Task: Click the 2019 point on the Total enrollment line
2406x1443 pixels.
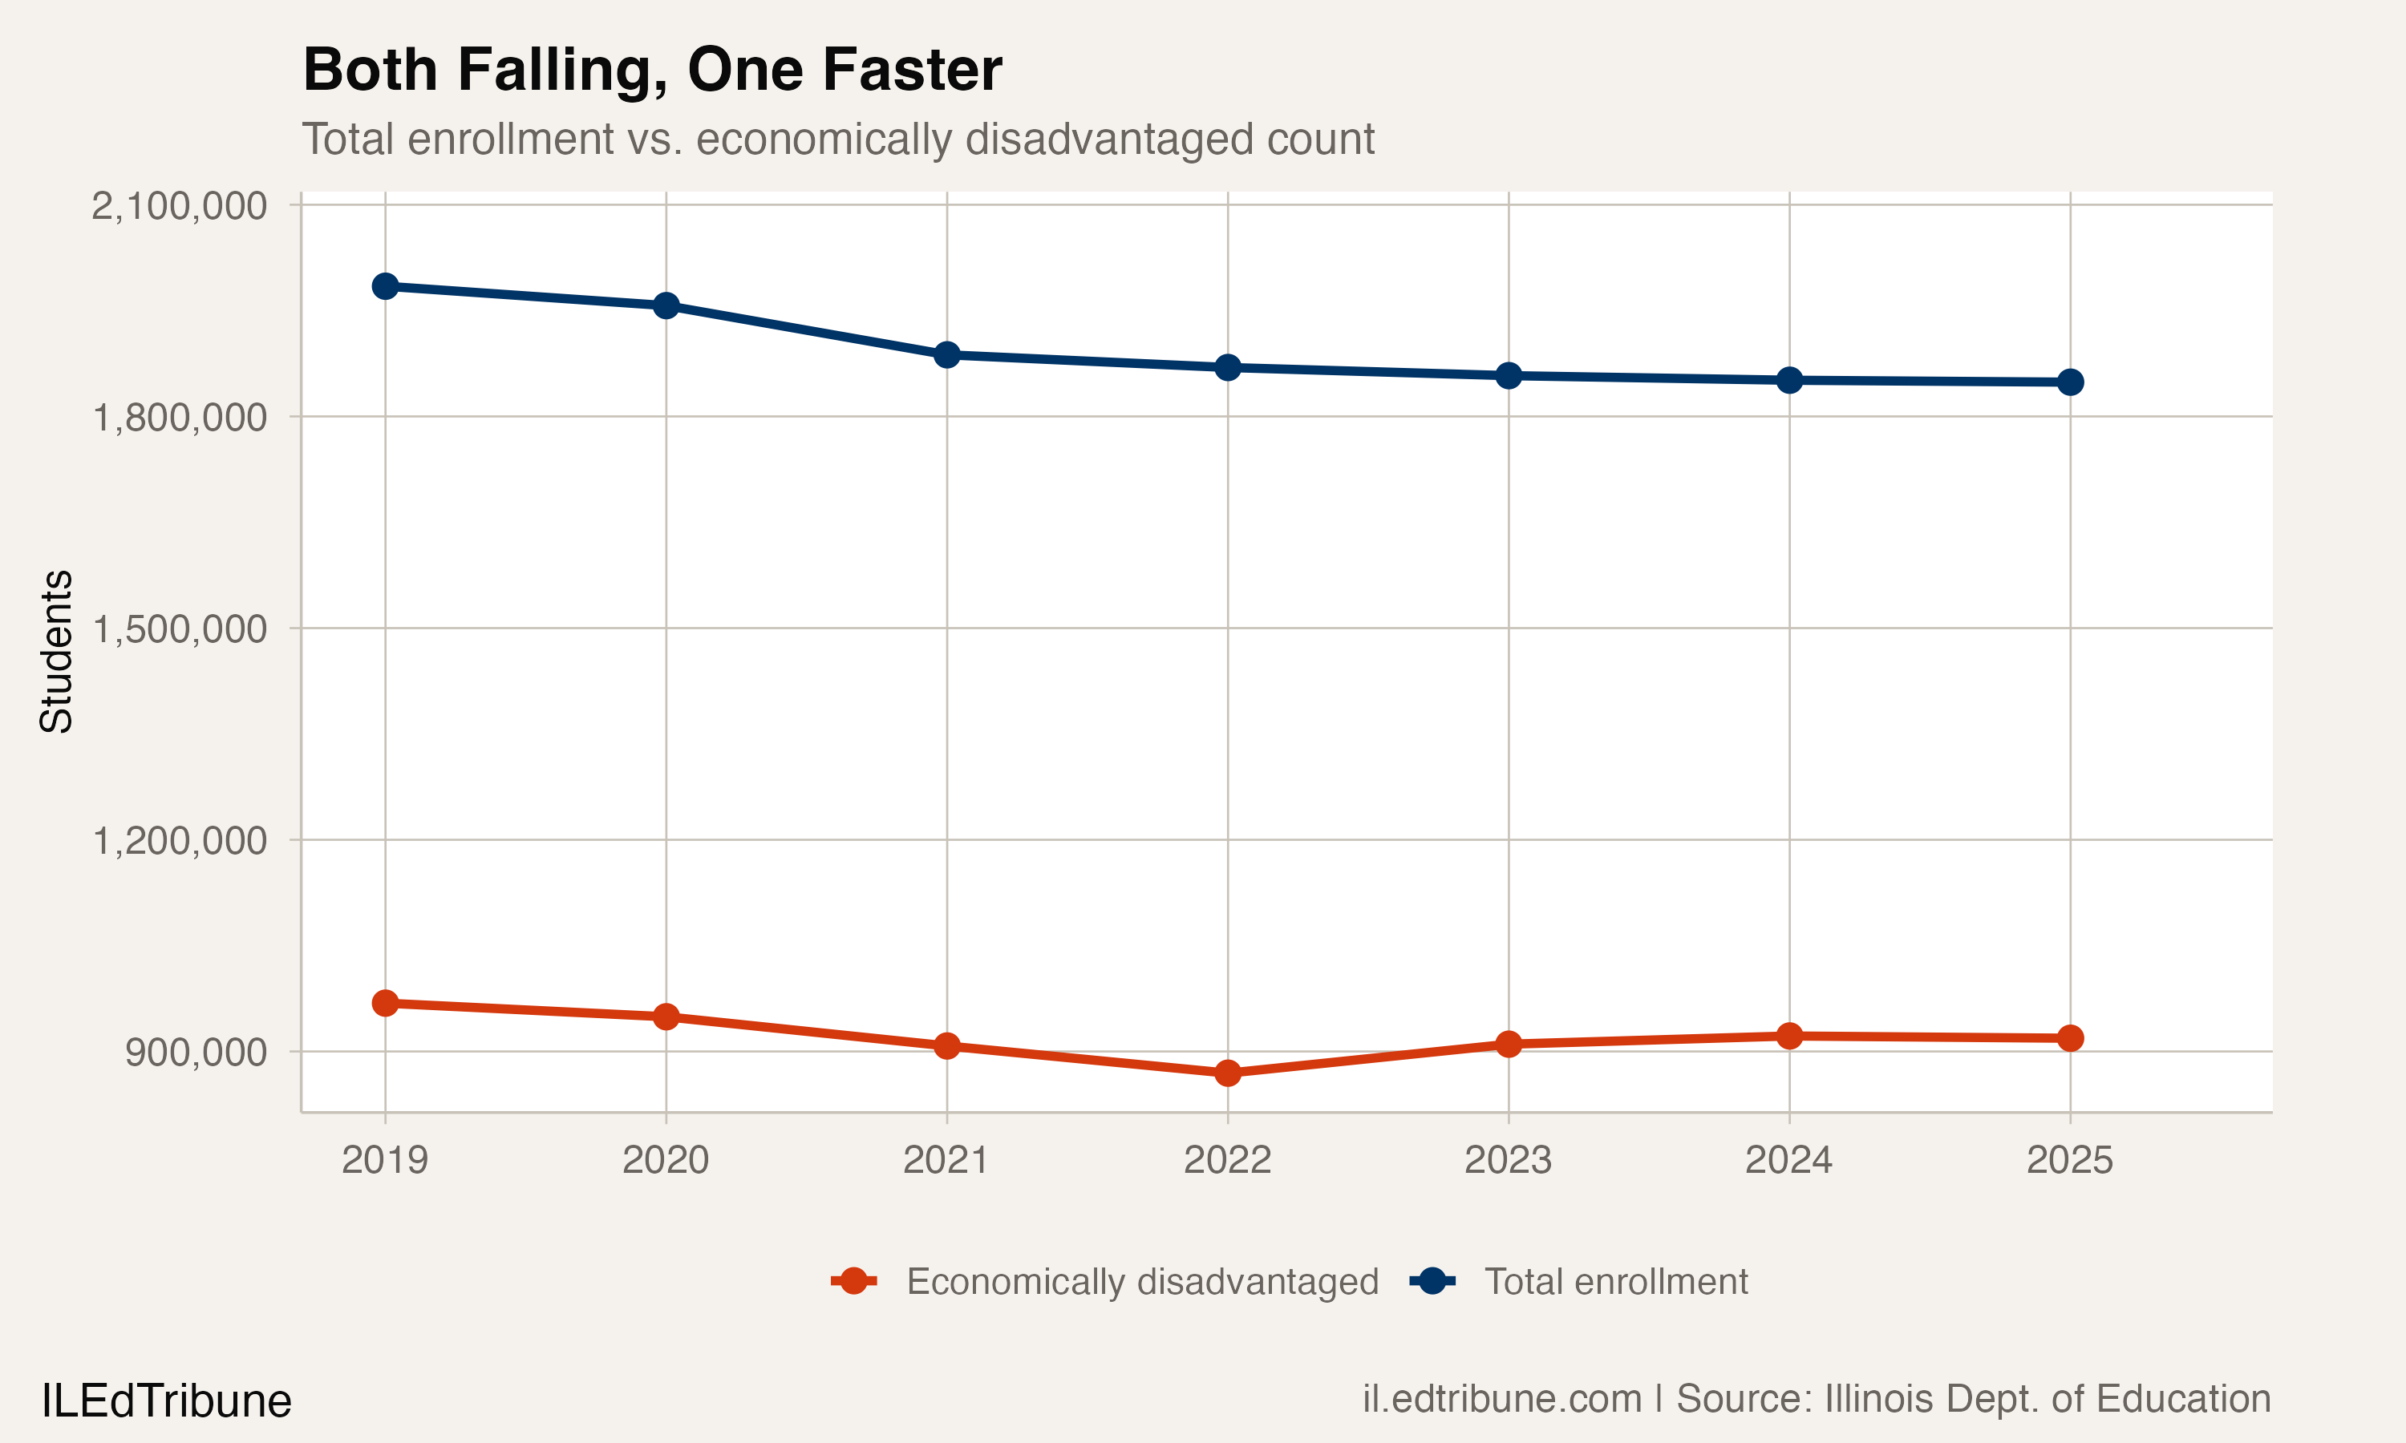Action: point(385,286)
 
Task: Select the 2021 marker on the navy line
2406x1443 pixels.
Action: point(947,355)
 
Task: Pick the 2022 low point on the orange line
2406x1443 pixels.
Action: point(1227,1073)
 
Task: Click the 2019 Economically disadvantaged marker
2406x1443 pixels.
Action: point(385,1003)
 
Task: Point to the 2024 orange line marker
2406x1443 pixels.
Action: point(1789,1036)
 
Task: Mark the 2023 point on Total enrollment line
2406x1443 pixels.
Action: point(1509,375)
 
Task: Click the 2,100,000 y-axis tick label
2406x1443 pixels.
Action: point(179,206)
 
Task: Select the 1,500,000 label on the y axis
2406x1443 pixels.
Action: point(179,629)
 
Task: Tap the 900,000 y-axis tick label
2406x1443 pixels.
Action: point(196,1052)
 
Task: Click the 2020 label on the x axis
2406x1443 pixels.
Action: point(665,1160)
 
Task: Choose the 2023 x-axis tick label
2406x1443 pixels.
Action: point(1509,1160)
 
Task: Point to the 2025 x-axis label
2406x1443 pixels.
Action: point(2069,1160)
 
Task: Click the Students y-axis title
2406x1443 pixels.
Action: point(56,652)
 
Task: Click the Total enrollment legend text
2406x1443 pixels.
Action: point(1615,1282)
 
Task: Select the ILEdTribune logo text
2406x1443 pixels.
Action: point(166,1401)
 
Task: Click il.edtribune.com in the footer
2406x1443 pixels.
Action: point(1501,1399)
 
